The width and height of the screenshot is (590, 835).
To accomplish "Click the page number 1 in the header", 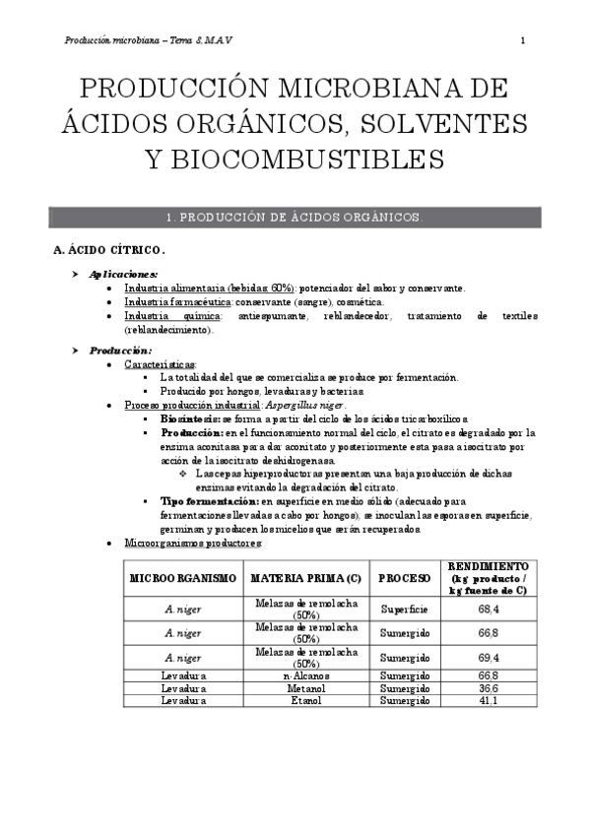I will point(522,40).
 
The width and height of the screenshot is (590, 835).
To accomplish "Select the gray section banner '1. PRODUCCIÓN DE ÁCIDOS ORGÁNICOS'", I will point(295,218).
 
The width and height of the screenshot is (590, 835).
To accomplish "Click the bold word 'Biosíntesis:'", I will point(191,418).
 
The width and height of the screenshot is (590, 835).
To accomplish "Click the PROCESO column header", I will point(405,577).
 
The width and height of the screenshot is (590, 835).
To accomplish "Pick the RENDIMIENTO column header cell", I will point(488,577).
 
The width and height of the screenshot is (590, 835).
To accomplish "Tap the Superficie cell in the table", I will point(405,610).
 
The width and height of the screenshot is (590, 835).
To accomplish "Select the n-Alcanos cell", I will point(304,675).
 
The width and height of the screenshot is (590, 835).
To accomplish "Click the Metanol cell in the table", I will point(304,688).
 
